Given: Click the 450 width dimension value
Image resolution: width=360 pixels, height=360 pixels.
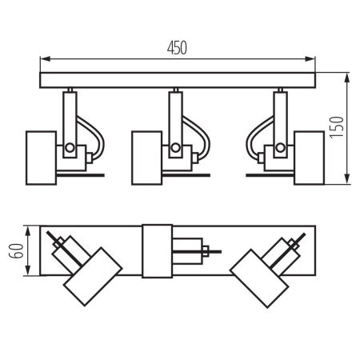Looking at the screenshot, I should click(x=177, y=48).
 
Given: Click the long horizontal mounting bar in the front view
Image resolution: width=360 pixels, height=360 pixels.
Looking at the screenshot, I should click(x=178, y=81).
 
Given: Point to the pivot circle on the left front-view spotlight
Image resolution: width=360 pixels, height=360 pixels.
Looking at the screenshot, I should click(x=70, y=148).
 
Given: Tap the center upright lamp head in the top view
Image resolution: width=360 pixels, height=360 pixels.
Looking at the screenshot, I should click(x=157, y=250).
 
